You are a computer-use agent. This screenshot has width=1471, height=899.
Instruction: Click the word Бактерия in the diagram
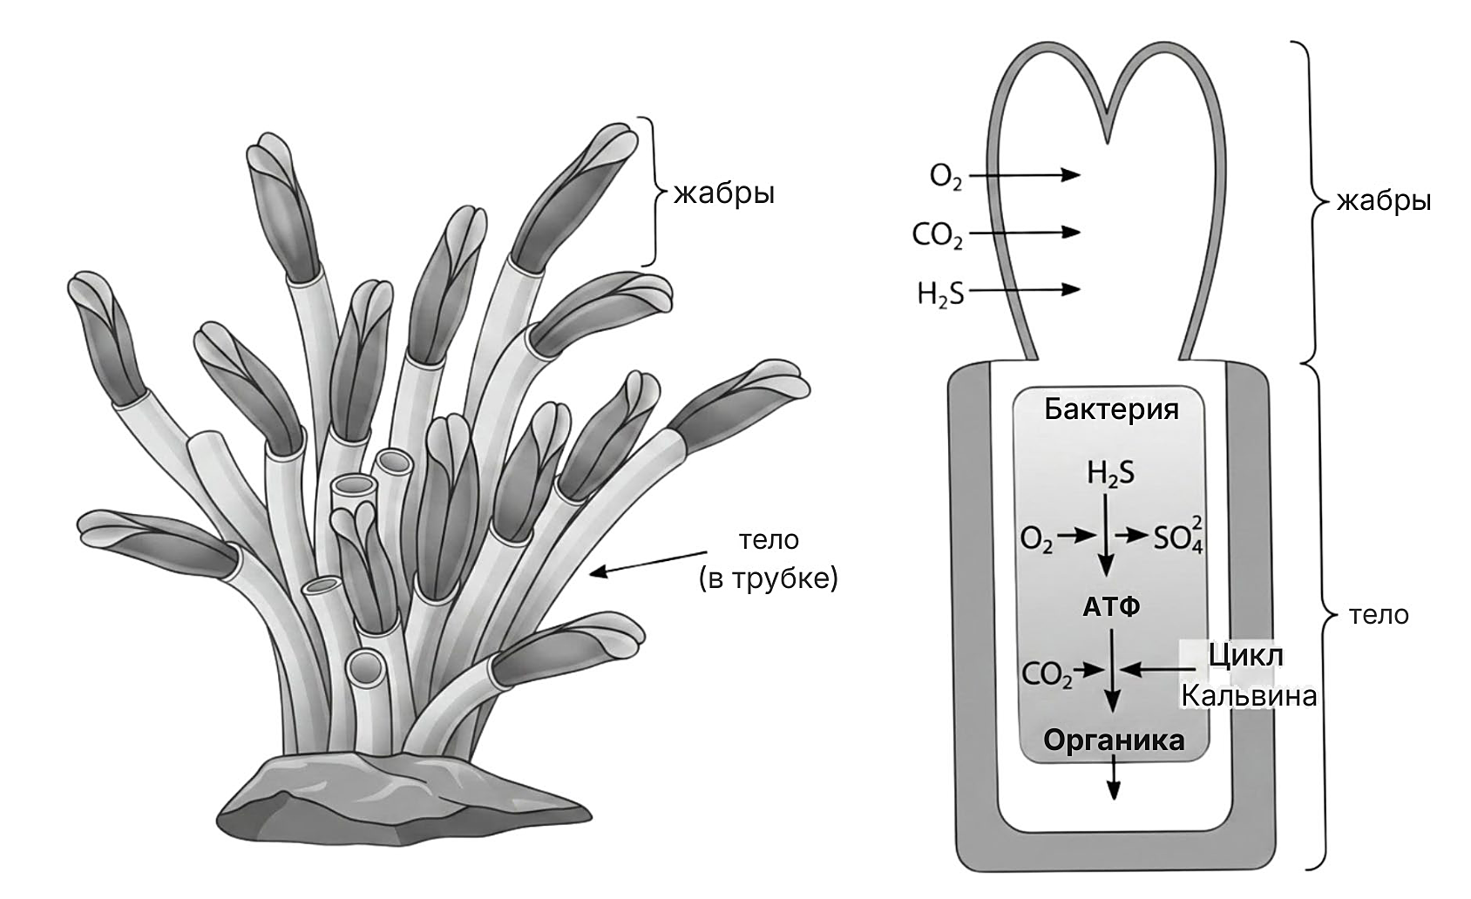[x=1111, y=409]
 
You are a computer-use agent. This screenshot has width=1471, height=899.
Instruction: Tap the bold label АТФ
[x=1111, y=607]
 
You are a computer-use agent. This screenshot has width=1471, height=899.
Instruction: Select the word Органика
[x=1114, y=740]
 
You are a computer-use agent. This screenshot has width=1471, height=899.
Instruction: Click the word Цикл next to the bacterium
[x=1246, y=655]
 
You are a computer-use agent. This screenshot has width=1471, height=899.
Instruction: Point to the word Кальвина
[x=1249, y=696]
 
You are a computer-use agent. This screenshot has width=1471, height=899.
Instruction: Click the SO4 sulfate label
[x=1179, y=535]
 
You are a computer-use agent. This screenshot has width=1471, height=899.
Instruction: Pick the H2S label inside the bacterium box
[x=1110, y=474]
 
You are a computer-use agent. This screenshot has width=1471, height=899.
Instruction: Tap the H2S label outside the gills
[x=940, y=294]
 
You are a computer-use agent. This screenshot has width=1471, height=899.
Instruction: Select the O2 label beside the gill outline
[x=946, y=177]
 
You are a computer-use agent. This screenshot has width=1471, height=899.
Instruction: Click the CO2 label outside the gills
[x=937, y=235]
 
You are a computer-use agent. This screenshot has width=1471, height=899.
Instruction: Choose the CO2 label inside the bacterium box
[x=1047, y=674]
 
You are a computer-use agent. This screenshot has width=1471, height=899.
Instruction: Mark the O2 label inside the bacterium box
[x=1036, y=540]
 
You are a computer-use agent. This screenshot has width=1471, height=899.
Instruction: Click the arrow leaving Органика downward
[x=1113, y=777]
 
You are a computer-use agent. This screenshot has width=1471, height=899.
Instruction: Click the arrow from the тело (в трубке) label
[x=648, y=563]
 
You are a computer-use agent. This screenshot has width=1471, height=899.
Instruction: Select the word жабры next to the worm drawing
[x=724, y=193]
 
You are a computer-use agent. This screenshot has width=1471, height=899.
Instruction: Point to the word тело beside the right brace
[x=1379, y=615]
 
